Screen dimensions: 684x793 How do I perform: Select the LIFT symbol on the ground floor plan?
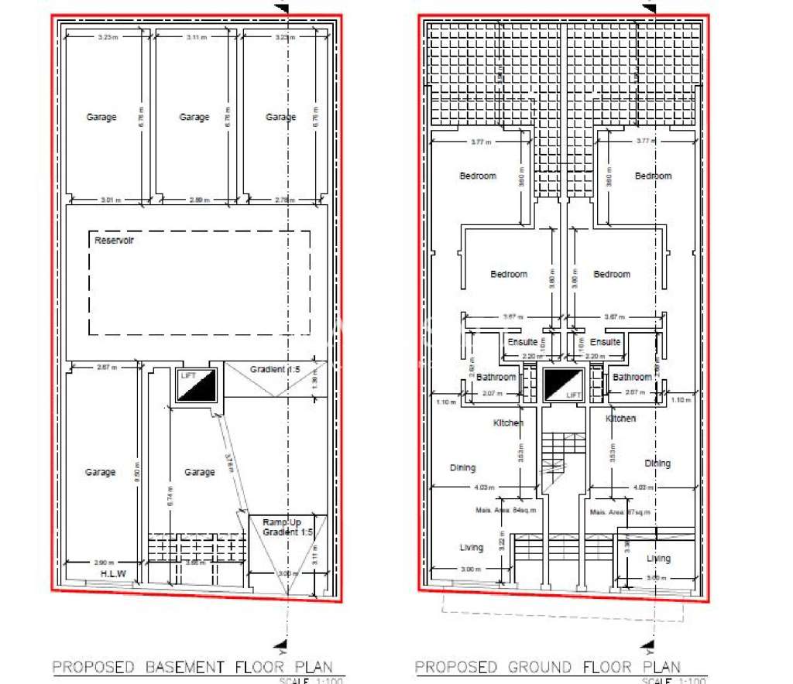(x=563, y=385)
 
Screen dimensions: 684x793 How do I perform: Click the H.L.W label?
(x=113, y=573)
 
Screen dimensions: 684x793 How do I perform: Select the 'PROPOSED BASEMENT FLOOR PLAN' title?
(x=192, y=667)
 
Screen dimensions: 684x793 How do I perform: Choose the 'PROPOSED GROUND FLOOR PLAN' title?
(x=548, y=667)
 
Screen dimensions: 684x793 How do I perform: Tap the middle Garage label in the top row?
(x=194, y=117)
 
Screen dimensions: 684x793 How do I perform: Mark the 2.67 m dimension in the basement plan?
(x=107, y=368)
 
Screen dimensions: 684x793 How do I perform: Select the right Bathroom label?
(x=632, y=378)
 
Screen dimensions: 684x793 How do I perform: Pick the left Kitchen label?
(x=509, y=422)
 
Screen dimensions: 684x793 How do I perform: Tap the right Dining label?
(x=657, y=463)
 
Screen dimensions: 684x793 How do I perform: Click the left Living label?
(x=471, y=547)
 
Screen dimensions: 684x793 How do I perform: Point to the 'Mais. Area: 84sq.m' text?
(x=506, y=511)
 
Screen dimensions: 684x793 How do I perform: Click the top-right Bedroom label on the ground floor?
(x=653, y=176)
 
